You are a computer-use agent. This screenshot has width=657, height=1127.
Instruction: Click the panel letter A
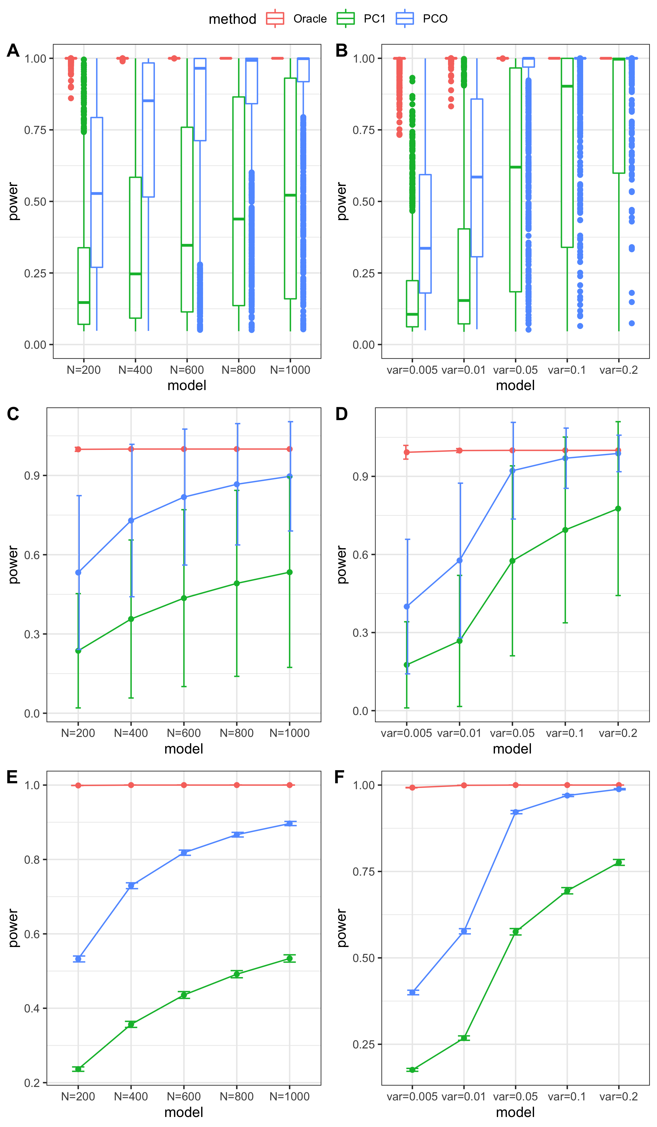click(x=13, y=50)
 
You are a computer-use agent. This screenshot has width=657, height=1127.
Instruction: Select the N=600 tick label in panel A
click(x=187, y=370)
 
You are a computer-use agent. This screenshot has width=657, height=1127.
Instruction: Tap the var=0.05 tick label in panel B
click(x=515, y=370)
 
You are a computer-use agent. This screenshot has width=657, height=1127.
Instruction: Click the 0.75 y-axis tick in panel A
click(x=35, y=130)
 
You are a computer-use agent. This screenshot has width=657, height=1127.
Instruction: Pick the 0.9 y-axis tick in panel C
click(x=32, y=476)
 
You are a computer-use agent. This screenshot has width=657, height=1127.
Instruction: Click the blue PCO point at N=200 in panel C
click(x=78, y=573)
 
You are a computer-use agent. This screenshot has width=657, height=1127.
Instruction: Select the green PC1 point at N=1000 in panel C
click(x=290, y=572)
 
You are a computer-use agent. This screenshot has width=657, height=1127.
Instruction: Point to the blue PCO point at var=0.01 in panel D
click(x=460, y=560)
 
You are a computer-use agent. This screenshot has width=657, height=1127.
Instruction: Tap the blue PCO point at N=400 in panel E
click(x=131, y=886)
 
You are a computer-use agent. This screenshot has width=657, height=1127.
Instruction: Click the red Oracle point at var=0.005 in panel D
click(x=407, y=452)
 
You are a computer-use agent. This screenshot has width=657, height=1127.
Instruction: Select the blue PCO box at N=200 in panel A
click(x=97, y=192)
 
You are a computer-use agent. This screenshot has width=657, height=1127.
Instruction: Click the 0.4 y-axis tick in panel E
click(x=32, y=1008)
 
